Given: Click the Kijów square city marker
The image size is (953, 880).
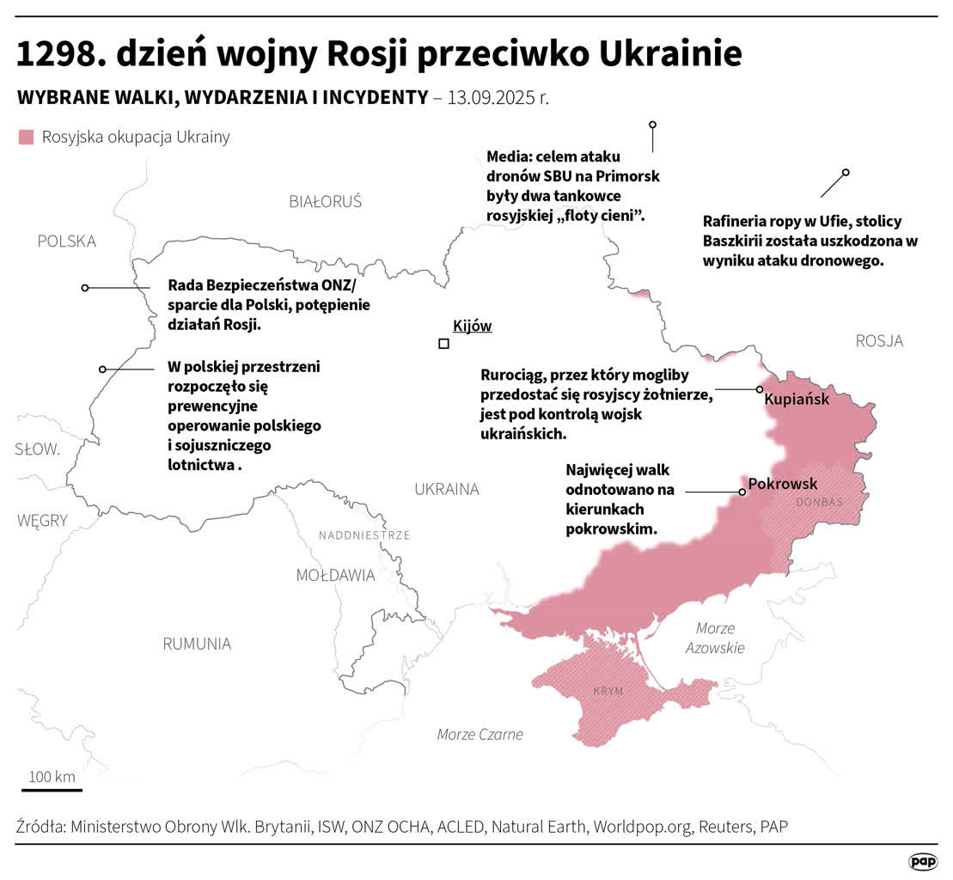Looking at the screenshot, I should [x=443, y=344].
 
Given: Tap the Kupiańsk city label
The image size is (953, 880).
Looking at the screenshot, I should [x=797, y=399].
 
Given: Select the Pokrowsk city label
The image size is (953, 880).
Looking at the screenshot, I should [x=783, y=483].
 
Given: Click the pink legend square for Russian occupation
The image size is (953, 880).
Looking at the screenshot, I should [x=27, y=137].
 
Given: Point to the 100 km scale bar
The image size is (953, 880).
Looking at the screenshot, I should [x=52, y=789].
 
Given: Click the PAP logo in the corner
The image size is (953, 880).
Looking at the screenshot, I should [x=923, y=861].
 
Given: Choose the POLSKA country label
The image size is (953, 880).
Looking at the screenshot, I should [x=66, y=241].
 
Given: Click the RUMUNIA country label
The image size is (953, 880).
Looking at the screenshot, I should [x=197, y=644].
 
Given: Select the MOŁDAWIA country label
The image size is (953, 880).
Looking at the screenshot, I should [x=335, y=575].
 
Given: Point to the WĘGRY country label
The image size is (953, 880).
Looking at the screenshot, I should [x=41, y=520].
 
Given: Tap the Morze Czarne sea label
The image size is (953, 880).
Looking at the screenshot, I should [x=480, y=734].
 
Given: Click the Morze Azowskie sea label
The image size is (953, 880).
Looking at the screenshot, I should [x=715, y=638].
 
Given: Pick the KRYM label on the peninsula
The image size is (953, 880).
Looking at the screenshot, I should [x=608, y=692].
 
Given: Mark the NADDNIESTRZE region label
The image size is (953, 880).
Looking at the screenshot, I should [x=364, y=535].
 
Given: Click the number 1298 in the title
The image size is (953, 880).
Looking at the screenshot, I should [x=58, y=55].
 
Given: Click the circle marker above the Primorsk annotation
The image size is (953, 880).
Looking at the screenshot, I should [x=652, y=125].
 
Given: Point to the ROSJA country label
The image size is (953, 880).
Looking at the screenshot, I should [x=879, y=341].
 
